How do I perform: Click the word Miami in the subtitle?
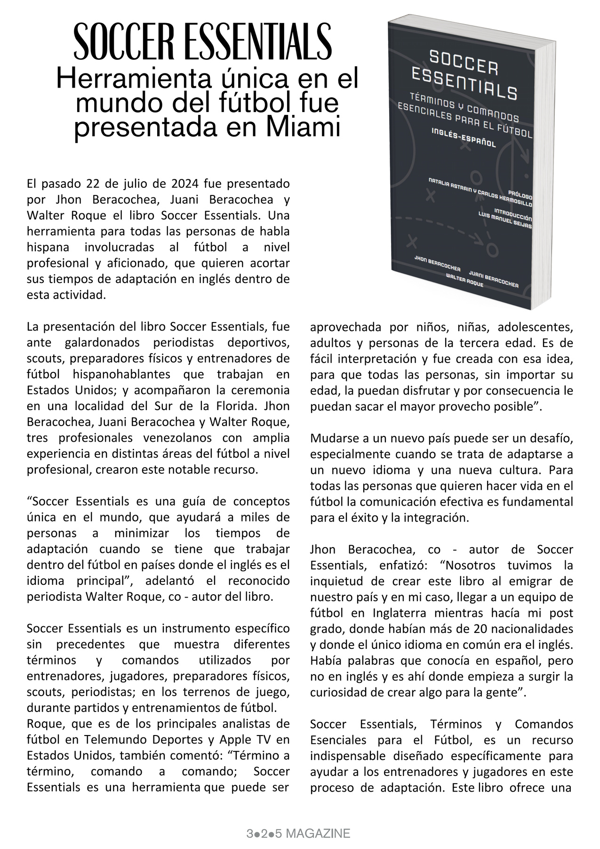click(x=302, y=128)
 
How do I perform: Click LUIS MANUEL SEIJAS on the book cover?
click(x=504, y=220)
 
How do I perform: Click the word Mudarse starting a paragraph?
click(x=330, y=439)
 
